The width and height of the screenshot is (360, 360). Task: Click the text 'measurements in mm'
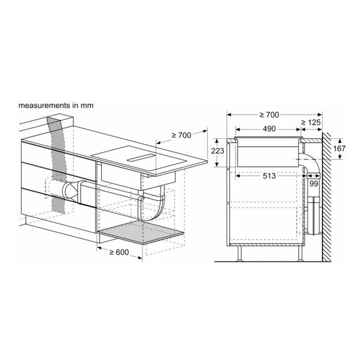pyautogui.click(x=56, y=106)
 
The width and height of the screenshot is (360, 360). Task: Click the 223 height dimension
pyautogui.click(x=218, y=151)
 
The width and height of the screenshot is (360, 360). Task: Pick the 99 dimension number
pyautogui.click(x=313, y=184)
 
